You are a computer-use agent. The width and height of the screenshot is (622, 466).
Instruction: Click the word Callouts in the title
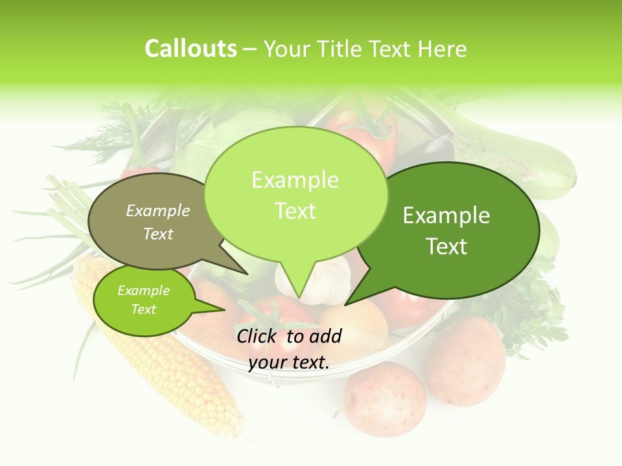[190, 49]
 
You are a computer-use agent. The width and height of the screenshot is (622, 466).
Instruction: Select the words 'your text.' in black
[289, 362]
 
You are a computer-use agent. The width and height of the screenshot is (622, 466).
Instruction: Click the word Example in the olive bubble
[158, 210]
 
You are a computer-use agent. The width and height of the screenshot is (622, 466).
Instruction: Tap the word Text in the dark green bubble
[446, 247]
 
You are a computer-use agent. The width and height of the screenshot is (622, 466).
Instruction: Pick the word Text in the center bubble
[295, 210]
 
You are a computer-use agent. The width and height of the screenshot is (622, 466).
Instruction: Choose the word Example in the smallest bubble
[143, 291]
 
